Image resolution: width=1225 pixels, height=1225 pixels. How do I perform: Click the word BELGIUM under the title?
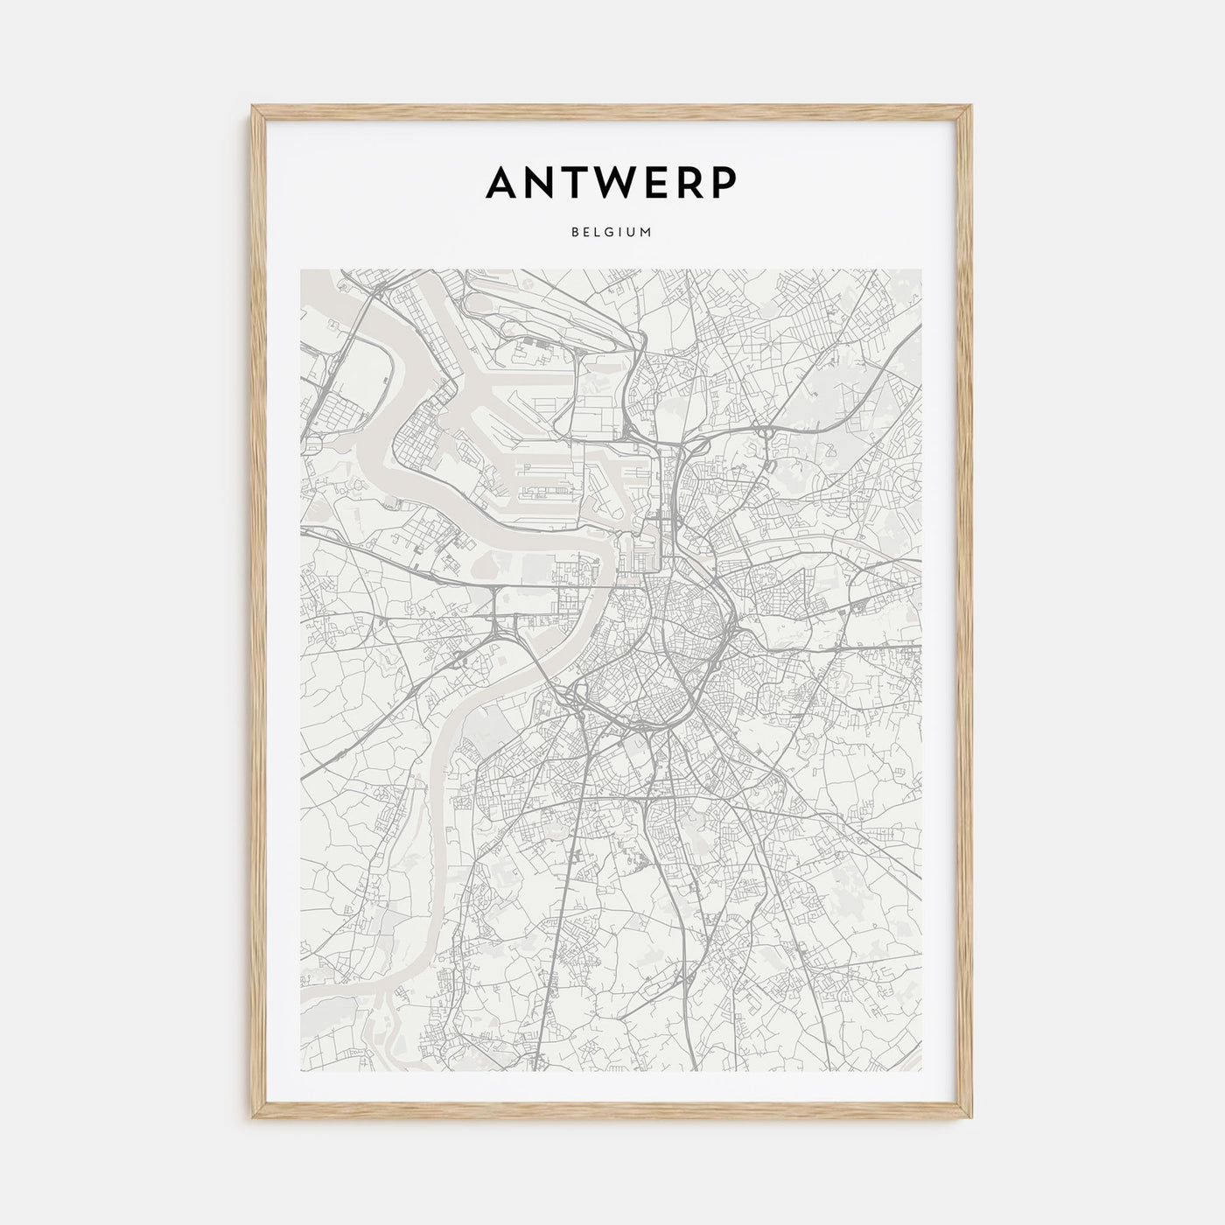612,233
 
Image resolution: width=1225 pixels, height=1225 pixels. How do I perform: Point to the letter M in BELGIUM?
647,233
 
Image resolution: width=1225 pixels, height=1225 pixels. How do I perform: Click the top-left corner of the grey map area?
301,269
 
